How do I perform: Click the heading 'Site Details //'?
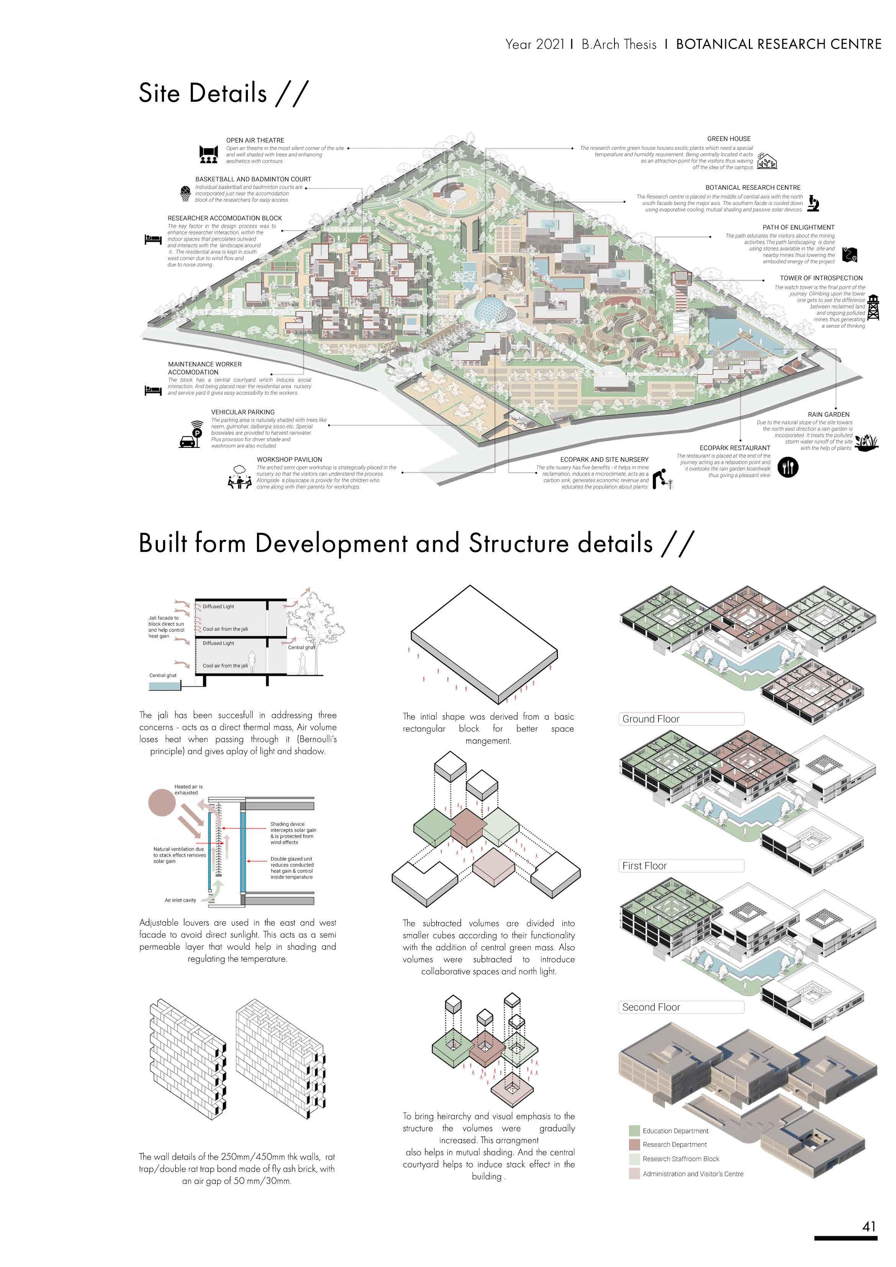223,93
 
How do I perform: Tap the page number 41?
869,1226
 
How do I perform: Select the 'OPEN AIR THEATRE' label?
255,140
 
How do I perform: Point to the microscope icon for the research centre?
813,203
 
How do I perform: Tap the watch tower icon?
873,307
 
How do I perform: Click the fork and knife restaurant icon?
788,467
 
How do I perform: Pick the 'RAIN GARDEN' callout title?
828,415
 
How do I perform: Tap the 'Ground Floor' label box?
680,718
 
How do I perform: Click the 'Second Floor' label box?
680,1007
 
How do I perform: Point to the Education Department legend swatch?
634,1131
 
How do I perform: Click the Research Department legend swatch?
634,1144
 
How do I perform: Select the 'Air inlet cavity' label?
180,900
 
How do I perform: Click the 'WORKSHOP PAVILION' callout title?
289,459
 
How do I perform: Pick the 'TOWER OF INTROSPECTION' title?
821,278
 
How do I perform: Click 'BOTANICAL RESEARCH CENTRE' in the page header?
778,44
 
